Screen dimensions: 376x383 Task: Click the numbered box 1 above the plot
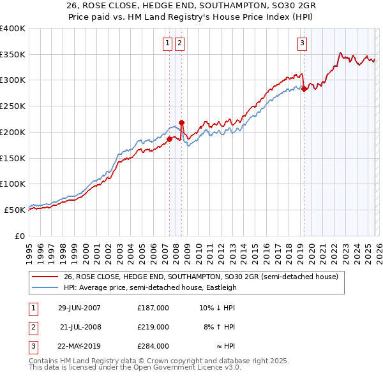click(167, 43)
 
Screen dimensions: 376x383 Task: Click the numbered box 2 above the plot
click(179, 43)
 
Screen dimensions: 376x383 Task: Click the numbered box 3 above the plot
click(301, 43)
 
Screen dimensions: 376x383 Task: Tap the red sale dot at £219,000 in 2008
click(181, 122)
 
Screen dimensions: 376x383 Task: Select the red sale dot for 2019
click(304, 89)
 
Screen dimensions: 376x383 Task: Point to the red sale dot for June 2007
click(169, 139)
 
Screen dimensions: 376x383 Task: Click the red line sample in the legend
click(45, 277)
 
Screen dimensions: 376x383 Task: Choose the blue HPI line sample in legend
click(45, 287)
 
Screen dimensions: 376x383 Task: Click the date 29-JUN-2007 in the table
click(79, 308)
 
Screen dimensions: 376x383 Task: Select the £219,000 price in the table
click(153, 327)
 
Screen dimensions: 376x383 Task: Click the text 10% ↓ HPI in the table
click(218, 308)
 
